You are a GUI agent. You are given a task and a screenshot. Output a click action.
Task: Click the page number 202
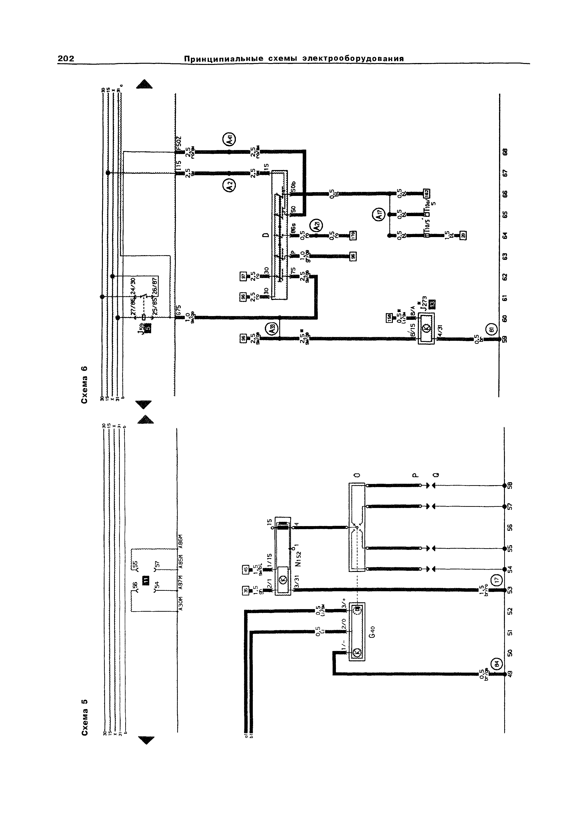pos(66,59)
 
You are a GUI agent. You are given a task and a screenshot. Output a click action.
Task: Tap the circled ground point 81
pos(492,329)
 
